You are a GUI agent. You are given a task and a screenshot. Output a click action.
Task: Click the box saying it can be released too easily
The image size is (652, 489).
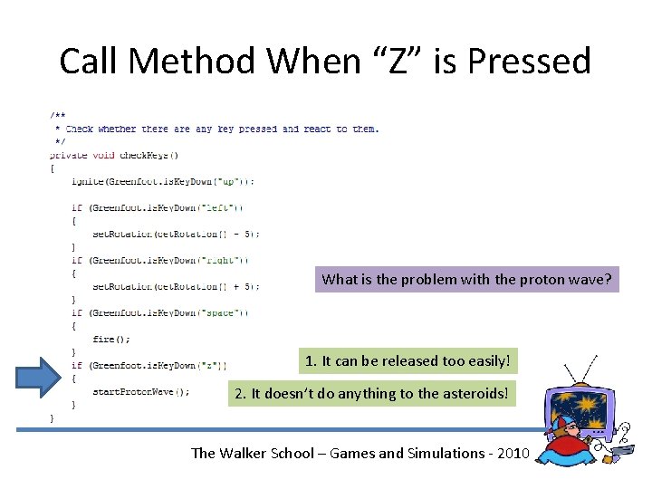click(x=408, y=361)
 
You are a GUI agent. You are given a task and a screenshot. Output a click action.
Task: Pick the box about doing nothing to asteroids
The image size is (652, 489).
click(x=372, y=393)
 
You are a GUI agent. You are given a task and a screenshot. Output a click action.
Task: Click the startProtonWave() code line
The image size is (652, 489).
click(x=141, y=392)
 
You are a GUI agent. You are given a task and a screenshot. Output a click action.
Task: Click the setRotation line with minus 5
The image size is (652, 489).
click(x=176, y=234)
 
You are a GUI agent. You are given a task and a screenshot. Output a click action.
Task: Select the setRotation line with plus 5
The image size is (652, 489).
click(x=176, y=286)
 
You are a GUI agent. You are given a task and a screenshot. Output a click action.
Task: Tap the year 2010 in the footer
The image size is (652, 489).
click(x=510, y=453)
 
